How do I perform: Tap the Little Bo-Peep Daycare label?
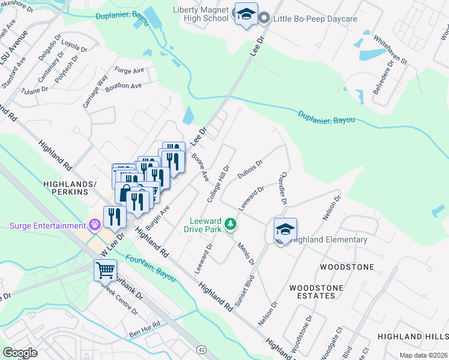tap(315, 19)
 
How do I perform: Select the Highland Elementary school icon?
tap(285, 229)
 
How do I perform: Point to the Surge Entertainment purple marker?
tap(94, 226)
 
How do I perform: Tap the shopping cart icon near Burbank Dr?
tap(105, 271)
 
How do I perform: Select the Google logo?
tap(20, 352)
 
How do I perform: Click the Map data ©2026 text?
tap(423, 355)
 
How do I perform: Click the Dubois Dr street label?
tap(250, 170)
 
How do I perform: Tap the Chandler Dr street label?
tap(282, 186)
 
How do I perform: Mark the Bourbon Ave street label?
tap(123, 86)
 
